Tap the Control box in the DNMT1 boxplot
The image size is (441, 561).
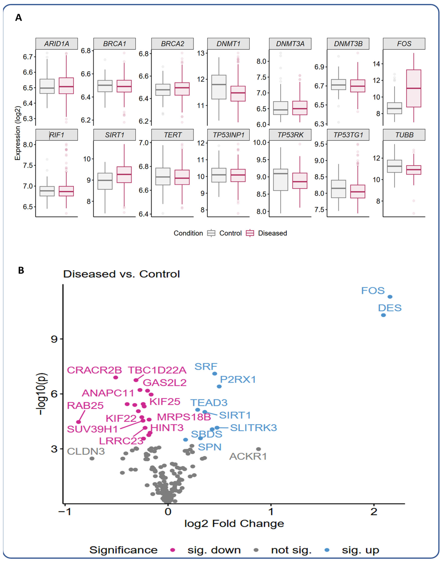pos(219,87)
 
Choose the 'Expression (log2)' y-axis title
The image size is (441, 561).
pos(17,133)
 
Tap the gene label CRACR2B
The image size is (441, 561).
pos(94,370)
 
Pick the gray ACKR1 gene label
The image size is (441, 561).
pos(248,456)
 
